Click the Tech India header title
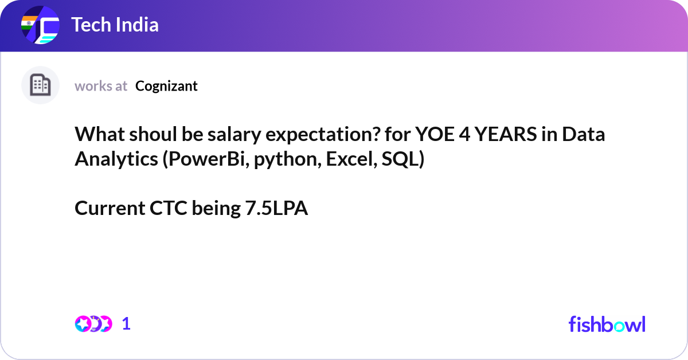(115, 25)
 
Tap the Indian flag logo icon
(40, 26)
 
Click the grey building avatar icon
(40, 85)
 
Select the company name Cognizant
(166, 86)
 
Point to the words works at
(101, 86)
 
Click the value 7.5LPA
(276, 209)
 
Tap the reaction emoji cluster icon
(93, 324)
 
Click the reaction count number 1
(126, 324)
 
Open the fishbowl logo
(607, 324)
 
